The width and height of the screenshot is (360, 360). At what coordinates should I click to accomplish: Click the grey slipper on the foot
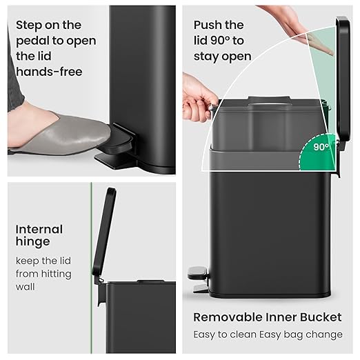[66, 134]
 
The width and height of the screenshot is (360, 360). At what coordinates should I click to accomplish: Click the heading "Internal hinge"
[39, 235]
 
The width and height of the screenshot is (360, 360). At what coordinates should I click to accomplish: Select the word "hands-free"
[49, 71]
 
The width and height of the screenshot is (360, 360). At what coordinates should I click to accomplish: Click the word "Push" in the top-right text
[209, 26]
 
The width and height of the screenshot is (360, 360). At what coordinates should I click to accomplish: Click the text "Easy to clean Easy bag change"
[268, 334]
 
